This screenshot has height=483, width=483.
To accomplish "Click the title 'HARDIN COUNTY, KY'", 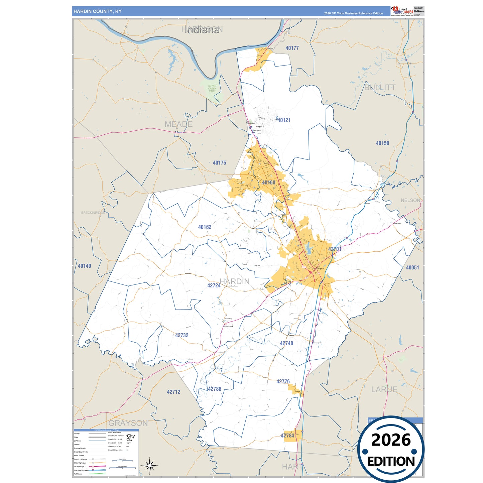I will (97, 11).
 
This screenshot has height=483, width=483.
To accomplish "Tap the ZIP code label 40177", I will (292, 48).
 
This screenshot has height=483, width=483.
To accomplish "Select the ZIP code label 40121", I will (284, 120).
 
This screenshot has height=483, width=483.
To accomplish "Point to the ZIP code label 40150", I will (382, 143).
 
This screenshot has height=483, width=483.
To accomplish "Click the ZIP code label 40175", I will (219, 163).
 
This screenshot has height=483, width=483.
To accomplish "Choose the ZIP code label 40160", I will (269, 183).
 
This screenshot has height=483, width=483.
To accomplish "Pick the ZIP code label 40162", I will (205, 227).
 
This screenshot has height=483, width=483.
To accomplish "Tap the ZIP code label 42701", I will (335, 249).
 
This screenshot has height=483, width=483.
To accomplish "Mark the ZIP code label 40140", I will (84, 266).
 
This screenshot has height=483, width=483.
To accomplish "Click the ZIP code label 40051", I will (412, 267).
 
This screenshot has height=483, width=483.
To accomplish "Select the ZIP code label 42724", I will (214, 285).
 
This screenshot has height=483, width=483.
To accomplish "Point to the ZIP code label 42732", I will (182, 335).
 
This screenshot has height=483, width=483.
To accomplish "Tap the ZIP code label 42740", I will (286, 343).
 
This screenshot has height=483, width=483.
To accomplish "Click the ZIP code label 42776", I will (283, 381).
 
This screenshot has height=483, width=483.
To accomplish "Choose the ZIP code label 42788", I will (215, 389).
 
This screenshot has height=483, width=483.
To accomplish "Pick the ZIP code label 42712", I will (173, 392).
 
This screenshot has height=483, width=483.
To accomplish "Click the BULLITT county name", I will (380, 88).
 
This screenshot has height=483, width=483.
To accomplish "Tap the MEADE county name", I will (178, 124).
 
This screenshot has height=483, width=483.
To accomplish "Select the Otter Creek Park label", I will (212, 88).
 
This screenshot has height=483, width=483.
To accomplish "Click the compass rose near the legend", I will (149, 466).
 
